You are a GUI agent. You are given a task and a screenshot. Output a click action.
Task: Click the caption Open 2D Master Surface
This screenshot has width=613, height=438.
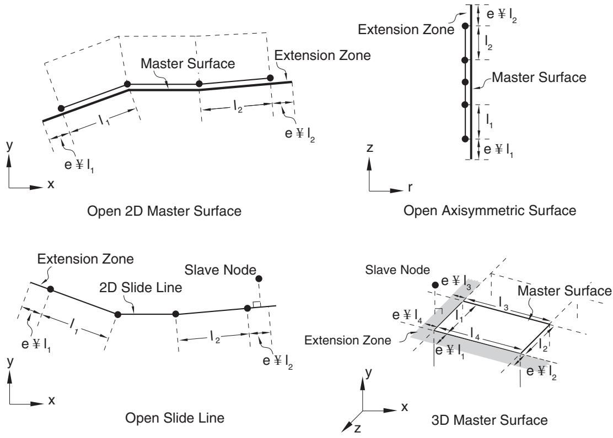pos(164,211)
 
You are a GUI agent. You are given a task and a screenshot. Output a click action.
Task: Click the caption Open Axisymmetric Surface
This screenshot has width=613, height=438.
pos(490,211)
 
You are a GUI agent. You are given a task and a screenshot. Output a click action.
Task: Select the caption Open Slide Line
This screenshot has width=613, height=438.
pos(175,418)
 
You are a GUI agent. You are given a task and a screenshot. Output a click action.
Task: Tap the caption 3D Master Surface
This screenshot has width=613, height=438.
pos(490,420)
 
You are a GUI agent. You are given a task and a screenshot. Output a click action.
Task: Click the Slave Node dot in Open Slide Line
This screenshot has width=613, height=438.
pos(259,279)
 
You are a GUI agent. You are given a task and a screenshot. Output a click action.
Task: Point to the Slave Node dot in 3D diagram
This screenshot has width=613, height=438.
pos(435,285)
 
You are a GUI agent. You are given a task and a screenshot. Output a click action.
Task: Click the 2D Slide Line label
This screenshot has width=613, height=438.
pos(141,288)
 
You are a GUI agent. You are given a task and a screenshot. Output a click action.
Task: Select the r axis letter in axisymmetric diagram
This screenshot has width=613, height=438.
pos(410,188)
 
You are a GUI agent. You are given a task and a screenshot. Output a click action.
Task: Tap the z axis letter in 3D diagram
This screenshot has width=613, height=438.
pos(357,429)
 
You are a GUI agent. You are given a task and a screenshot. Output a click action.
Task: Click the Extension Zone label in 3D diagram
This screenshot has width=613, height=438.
pos(347,341)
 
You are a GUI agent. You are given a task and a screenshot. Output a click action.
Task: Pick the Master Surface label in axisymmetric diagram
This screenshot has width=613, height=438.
pos(539,77)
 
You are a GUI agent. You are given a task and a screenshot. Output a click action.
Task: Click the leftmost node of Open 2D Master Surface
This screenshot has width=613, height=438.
pos(61,108)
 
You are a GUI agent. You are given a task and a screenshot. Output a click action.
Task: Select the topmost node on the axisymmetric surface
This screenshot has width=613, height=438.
pos(465,26)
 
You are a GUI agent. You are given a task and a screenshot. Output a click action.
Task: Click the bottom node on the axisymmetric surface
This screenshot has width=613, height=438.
pos(465,139)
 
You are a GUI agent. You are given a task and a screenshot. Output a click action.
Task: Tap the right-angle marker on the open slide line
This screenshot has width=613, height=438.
pos(257,304)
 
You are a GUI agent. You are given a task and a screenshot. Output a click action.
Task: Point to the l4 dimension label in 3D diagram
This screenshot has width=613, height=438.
pos(475,335)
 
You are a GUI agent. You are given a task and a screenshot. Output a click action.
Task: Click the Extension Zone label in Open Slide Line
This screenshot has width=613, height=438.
pos(85,259)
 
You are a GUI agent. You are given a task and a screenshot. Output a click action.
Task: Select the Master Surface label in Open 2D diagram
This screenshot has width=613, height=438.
pos(187,64)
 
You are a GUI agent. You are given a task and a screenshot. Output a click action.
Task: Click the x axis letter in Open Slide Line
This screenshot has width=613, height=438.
pos(51,401)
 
